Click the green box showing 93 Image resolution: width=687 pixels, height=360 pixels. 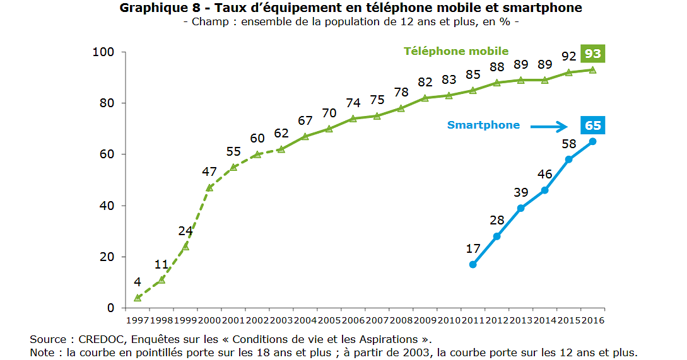point(592,54)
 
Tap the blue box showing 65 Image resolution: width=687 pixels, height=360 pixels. point(592,125)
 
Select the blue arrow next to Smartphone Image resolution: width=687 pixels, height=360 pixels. point(549,127)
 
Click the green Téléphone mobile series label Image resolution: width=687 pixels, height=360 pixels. point(455,51)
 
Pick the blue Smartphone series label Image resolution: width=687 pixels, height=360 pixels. point(483,125)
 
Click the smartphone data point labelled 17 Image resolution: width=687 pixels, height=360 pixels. point(473,264)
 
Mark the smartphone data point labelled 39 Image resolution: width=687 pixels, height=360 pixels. point(520,208)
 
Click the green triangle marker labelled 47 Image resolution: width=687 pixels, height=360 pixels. point(209,187)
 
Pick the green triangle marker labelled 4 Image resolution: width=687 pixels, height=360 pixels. point(138,298)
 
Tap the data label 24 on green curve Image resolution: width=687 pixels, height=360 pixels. point(185,231)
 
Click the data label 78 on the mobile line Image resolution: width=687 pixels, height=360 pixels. point(401,92)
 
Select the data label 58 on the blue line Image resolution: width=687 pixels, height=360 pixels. point(568,144)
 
